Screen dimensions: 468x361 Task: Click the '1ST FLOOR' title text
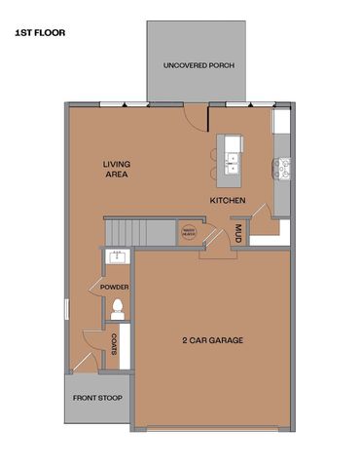point(39,32)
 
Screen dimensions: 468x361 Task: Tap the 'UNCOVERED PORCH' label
point(199,65)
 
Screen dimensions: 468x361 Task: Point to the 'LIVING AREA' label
point(117,170)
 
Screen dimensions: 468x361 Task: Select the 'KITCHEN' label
point(228,201)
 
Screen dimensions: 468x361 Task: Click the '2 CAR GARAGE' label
point(211,340)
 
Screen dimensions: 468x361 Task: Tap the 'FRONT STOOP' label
point(96,398)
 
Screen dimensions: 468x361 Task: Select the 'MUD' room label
point(237,233)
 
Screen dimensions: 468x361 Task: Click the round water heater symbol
point(189,232)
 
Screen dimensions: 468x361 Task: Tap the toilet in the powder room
point(118,309)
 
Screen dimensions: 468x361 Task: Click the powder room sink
point(117,258)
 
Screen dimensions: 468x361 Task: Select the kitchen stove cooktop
point(283,168)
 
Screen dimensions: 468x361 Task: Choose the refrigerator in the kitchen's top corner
point(281,122)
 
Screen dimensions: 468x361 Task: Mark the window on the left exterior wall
point(66,308)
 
